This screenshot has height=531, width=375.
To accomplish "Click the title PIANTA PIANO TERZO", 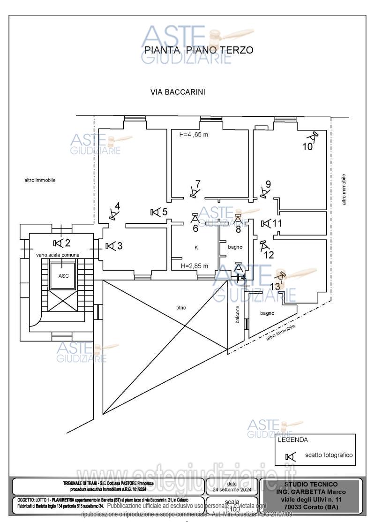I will pos(199,50).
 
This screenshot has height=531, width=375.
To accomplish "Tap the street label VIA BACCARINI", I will pos(178,92).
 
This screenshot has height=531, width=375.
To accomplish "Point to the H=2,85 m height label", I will pos(195,266).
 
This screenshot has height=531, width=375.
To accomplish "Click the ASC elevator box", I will pos(64,276).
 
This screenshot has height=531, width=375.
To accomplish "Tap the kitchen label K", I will pos(196,247).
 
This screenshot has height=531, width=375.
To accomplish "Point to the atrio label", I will pos(181,308).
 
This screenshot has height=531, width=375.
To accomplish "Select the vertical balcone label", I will pos(238,314).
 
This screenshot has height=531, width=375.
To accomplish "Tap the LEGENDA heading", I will pos(293,440).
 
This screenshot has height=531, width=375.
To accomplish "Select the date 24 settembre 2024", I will pos(232,489).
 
